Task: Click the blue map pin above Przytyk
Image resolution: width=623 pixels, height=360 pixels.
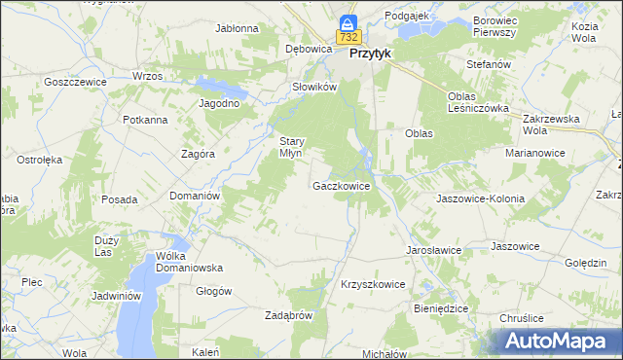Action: [348, 22]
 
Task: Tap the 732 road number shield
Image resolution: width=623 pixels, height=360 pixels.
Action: [348, 37]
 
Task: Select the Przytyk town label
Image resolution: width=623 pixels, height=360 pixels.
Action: [370, 54]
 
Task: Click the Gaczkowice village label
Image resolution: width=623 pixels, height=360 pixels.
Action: [341, 185]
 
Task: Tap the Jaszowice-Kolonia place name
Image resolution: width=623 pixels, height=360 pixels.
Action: [481, 198]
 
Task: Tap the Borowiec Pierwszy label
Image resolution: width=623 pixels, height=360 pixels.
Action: [493, 26]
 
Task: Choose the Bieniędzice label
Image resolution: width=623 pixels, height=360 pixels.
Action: [440, 308]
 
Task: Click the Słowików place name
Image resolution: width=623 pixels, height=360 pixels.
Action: [314, 87]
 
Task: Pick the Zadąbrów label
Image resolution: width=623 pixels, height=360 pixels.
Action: [288, 315]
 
